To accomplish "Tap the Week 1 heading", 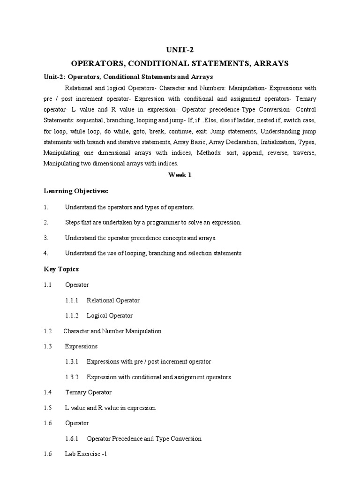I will tap(180, 175).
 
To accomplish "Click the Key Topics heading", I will tap(61, 269).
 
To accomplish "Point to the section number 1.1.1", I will tap(72, 300).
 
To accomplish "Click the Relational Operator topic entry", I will tap(113, 300).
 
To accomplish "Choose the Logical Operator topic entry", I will tap(110, 315).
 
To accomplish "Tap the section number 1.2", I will tap(47, 331).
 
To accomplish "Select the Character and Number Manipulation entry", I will tap(112, 331).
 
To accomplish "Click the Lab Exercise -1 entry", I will tap(87, 454).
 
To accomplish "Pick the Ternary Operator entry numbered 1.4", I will tap(88, 392).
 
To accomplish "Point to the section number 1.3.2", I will tap(72, 377).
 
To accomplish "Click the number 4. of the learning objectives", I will tap(46, 253).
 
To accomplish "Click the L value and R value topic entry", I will tap(110, 408).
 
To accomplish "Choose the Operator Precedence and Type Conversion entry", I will tap(144, 439).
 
